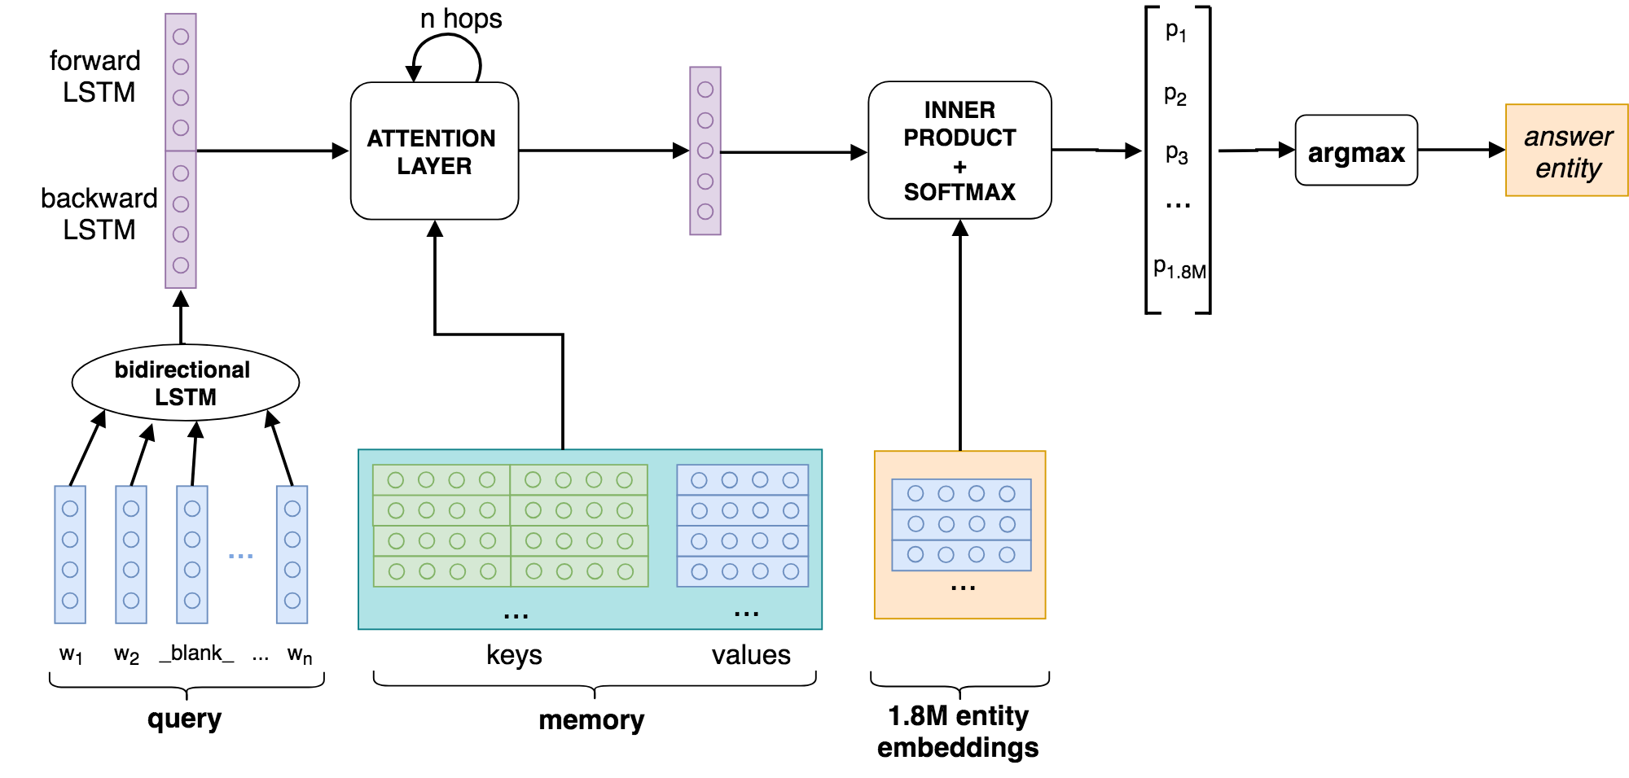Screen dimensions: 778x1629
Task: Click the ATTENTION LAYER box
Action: tap(434, 151)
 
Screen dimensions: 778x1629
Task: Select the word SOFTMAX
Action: tap(959, 192)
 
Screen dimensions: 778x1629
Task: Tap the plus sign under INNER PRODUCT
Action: tap(959, 167)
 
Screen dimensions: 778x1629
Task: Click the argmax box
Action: tap(1356, 151)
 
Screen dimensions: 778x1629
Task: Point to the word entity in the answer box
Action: tap(1568, 168)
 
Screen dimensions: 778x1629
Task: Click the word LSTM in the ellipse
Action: tap(186, 397)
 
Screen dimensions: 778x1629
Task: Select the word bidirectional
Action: tap(182, 369)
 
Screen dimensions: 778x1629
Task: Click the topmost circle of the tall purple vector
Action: tap(181, 37)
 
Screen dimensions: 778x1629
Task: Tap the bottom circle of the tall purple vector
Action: tap(181, 265)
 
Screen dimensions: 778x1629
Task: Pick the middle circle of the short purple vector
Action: tap(705, 151)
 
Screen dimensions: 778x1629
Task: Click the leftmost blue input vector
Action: tap(70, 554)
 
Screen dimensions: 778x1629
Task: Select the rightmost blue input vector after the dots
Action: tap(292, 554)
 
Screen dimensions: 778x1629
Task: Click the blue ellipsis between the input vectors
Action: tap(240, 556)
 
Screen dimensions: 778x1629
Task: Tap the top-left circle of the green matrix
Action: tap(396, 480)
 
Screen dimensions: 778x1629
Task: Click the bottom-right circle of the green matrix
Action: tap(626, 571)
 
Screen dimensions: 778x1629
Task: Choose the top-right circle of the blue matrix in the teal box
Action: tap(790, 480)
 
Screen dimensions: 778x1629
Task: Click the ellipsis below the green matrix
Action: tap(516, 616)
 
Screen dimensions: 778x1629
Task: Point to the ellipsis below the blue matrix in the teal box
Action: tap(746, 614)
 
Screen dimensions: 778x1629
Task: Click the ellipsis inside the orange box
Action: tap(963, 588)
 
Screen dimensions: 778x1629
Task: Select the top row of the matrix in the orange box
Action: tap(961, 494)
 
